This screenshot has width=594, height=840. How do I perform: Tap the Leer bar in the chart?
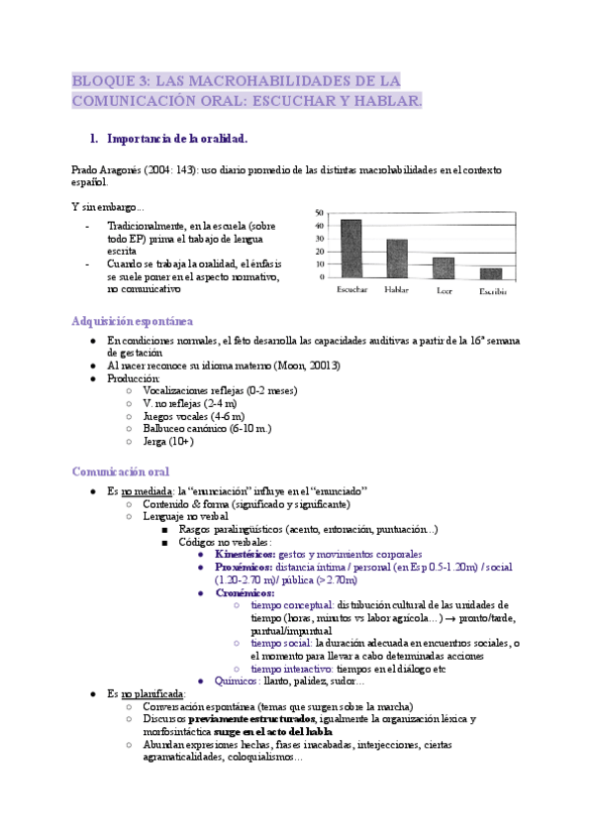pos(443,267)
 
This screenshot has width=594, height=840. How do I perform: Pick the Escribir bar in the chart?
pos(491,273)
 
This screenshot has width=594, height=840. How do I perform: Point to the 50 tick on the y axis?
pos(319,213)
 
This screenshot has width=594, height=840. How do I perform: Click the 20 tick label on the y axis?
pos(319,252)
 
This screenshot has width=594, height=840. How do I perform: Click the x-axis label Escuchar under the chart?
pos(352,290)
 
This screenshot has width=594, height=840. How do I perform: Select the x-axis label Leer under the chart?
pos(445,291)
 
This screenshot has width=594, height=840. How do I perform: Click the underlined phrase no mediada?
pos(143,491)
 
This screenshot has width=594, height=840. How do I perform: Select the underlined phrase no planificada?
pos(151,694)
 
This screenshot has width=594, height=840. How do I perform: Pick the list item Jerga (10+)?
pos(168,442)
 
